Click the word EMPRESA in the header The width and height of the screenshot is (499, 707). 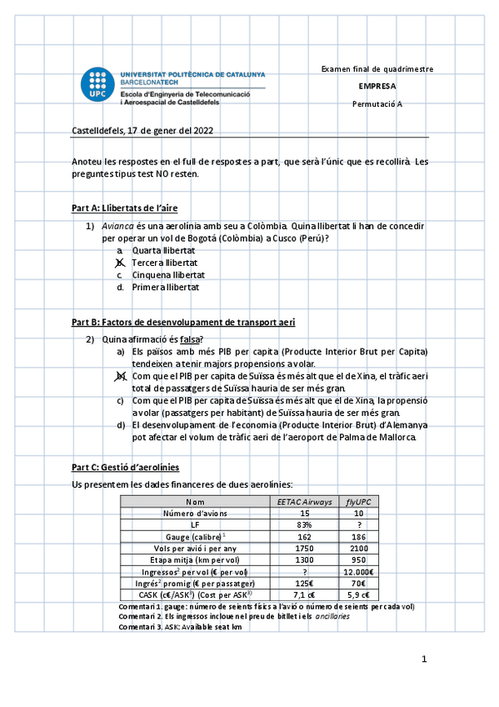[377, 86]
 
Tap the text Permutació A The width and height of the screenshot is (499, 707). [377, 103]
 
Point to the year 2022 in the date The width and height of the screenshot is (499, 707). [201, 130]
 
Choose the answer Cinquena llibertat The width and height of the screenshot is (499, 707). [167, 274]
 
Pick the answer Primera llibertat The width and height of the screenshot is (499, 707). [164, 287]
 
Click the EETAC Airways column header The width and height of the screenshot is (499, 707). [304, 502]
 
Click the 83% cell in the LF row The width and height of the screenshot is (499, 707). [304, 525]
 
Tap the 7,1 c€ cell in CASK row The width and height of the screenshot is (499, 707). [304, 595]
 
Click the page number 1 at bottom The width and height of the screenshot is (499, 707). [424, 659]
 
